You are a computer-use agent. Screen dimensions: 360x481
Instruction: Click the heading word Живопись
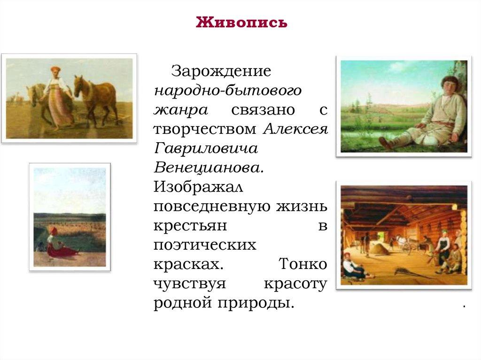[241, 22]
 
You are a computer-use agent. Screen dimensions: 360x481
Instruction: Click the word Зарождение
[221, 71]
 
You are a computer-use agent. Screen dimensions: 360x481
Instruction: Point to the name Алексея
[295, 129]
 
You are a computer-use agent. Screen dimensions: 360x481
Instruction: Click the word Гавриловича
[206, 148]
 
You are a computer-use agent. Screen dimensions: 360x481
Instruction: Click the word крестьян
[190, 225]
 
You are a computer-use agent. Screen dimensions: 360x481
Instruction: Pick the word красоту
[295, 283]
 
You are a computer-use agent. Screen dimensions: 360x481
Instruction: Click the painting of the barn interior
[403, 234]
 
